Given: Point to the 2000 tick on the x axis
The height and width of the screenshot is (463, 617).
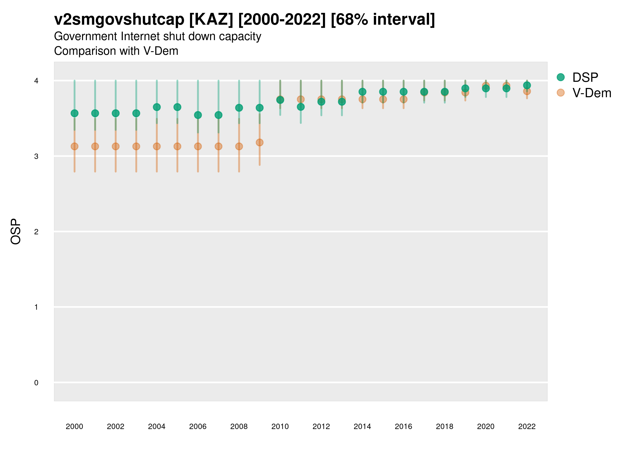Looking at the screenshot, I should click(x=75, y=426).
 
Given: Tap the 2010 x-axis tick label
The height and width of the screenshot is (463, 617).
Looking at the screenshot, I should click(x=280, y=426).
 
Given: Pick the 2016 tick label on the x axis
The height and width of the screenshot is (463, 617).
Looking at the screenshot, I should click(x=403, y=426).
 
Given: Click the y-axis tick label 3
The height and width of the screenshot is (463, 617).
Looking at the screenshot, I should click(x=36, y=156).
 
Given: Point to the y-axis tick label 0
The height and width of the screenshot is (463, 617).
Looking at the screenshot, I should click(x=36, y=383).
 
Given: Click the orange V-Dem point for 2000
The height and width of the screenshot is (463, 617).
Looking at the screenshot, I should click(x=75, y=146).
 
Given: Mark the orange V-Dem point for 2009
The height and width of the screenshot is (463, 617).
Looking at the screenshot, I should click(x=259, y=142).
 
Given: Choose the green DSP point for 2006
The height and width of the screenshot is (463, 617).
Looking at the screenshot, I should click(x=198, y=115).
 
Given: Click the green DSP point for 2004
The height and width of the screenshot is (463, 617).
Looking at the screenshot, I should click(x=157, y=107).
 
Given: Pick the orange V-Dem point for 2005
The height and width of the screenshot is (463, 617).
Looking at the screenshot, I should click(x=177, y=146).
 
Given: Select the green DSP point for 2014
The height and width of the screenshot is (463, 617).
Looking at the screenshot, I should click(x=362, y=92).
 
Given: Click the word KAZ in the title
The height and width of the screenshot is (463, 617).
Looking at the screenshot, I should click(x=211, y=20).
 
